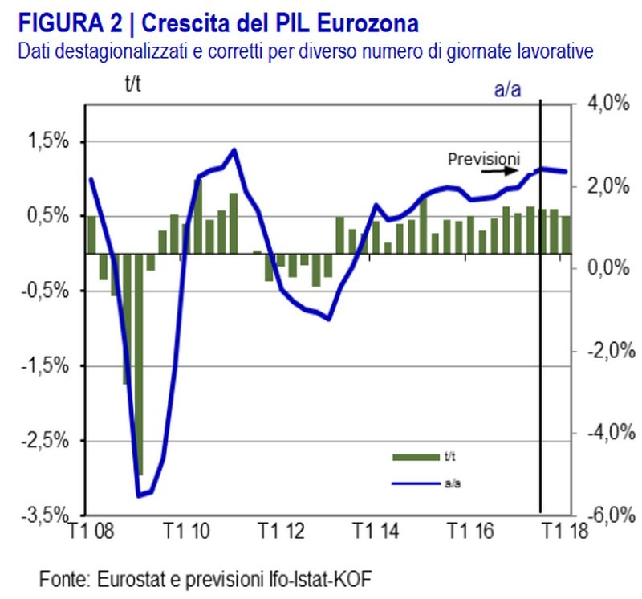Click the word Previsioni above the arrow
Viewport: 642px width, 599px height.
pos(484,157)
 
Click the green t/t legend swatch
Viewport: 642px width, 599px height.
pos(415,457)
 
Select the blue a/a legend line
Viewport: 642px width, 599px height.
pos(415,483)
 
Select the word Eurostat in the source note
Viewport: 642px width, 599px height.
pos(132,578)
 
